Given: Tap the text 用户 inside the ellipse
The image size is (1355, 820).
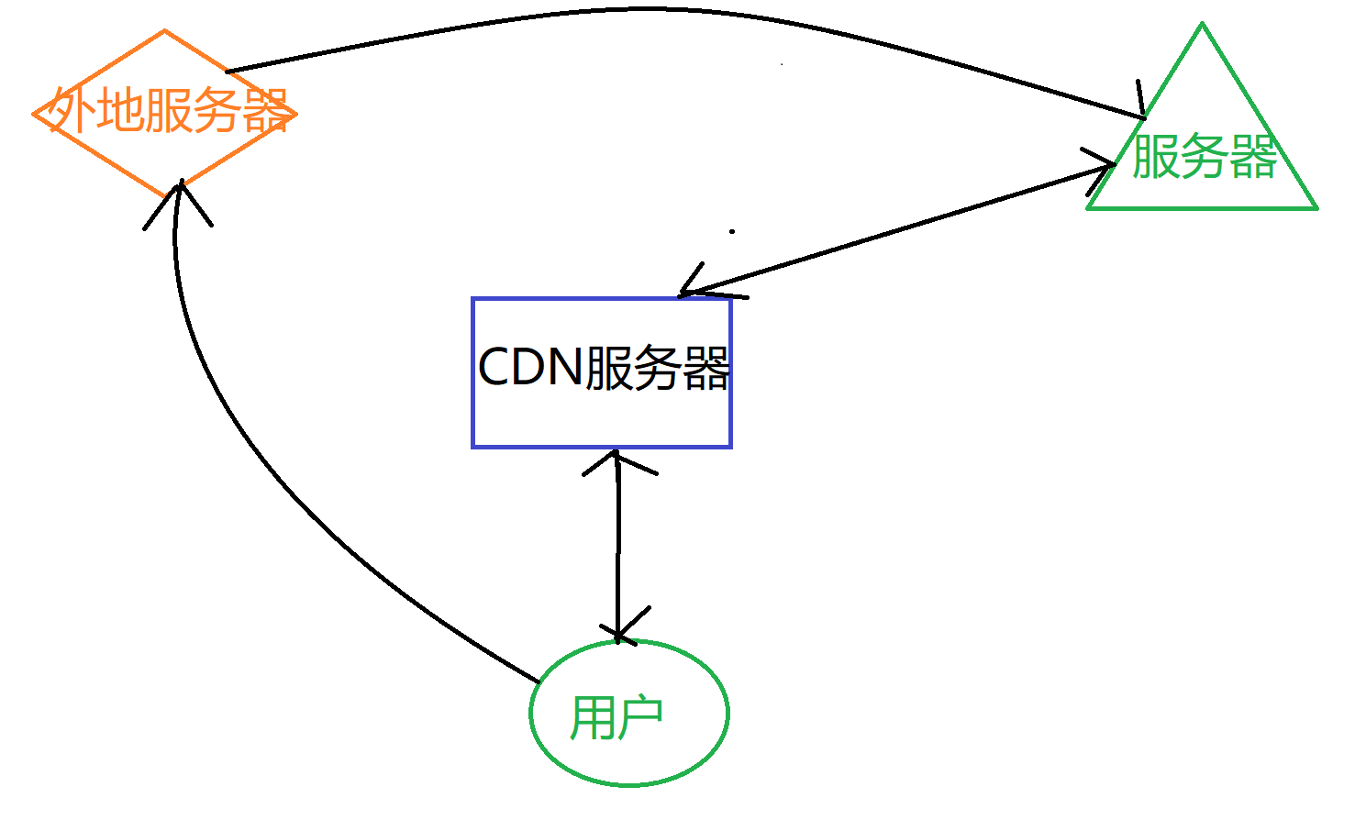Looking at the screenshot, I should click(x=616, y=717).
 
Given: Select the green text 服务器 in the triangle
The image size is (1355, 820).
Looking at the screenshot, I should click(x=1205, y=156).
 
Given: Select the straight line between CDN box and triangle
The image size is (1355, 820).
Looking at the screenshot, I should click(x=899, y=228).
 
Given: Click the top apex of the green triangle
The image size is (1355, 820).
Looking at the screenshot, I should click(x=1202, y=25).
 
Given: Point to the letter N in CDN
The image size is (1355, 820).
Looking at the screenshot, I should click(x=564, y=367).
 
